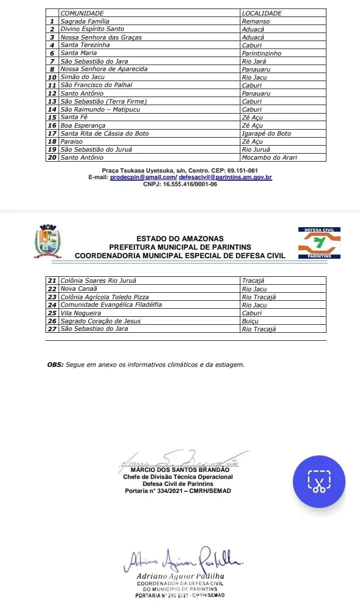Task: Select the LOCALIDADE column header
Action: click(x=261, y=13)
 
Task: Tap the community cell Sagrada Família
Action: click(x=85, y=22)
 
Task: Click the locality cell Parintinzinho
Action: click(x=261, y=53)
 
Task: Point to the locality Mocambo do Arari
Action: click(x=269, y=158)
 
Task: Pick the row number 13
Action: click(x=52, y=102)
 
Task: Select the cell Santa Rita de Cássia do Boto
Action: click(x=105, y=134)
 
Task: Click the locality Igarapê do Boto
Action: click(x=266, y=134)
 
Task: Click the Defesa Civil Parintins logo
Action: click(x=319, y=243)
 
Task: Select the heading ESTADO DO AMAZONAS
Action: click(x=180, y=239)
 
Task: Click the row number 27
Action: click(x=52, y=329)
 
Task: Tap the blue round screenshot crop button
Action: click(x=319, y=481)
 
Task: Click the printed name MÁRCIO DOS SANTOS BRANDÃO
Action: click(x=180, y=470)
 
